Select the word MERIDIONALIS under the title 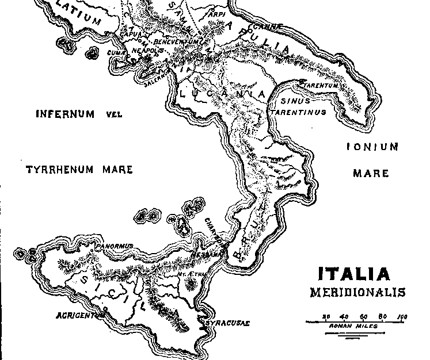(x=357, y=293)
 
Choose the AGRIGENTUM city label (x=81, y=316)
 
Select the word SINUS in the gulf (x=291, y=101)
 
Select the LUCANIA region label (x=222, y=93)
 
